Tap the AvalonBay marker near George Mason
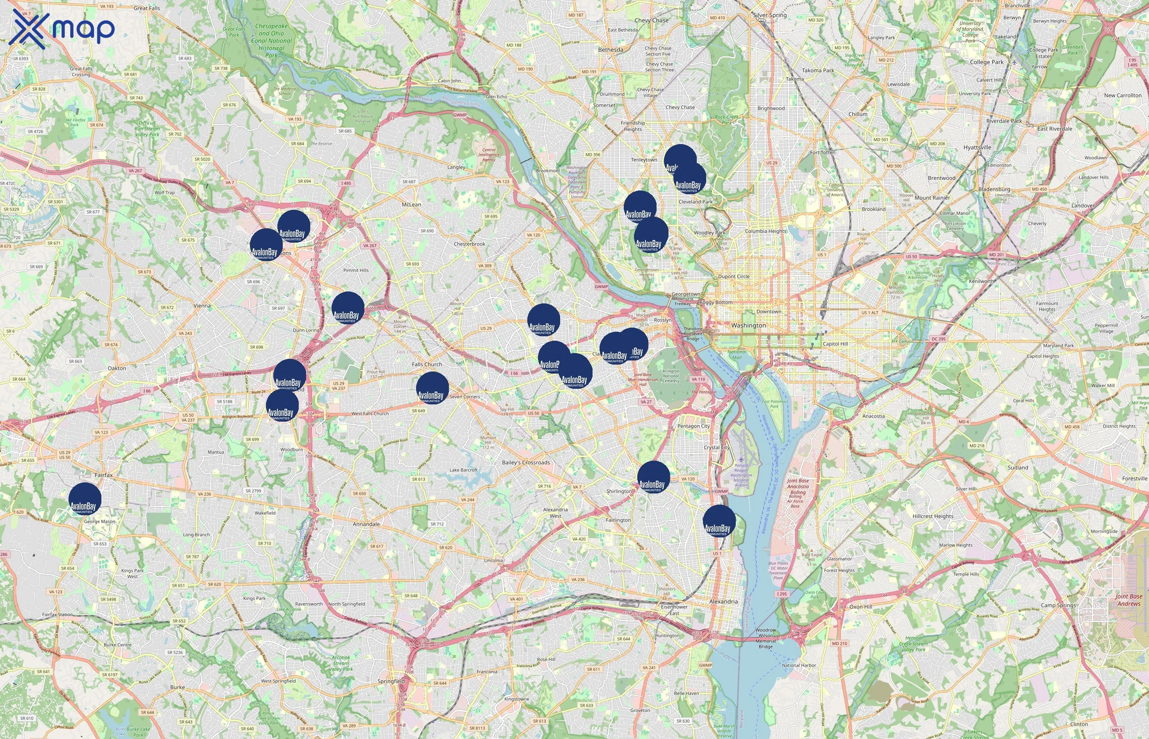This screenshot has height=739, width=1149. (x=85, y=499)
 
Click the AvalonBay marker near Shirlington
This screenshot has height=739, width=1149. (x=653, y=477)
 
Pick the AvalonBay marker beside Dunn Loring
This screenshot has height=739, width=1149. (x=348, y=308)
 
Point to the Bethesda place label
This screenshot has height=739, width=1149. (x=611, y=49)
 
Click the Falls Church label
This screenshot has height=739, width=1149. (x=427, y=364)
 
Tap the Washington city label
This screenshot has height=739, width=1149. (x=748, y=325)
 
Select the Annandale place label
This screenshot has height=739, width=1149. (x=366, y=524)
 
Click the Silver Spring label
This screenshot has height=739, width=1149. (x=770, y=15)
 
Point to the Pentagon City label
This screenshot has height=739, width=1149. (x=694, y=426)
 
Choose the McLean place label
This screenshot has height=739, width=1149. (x=411, y=204)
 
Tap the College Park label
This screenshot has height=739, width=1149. (x=986, y=62)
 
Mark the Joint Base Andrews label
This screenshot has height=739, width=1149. (x=1128, y=600)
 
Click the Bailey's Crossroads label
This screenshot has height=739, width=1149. (x=526, y=463)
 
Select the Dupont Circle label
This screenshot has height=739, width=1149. (x=733, y=276)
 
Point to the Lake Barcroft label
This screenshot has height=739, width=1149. (x=463, y=470)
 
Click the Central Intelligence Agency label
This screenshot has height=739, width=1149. (x=489, y=154)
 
